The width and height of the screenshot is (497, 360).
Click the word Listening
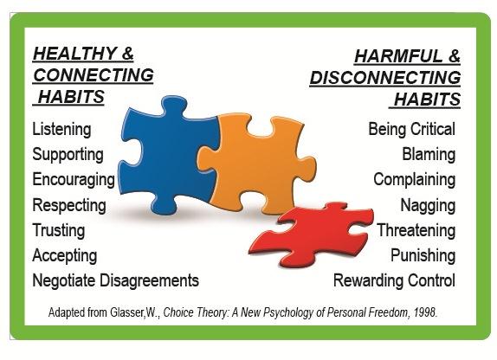[x=61, y=130]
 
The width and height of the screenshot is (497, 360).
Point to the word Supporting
[x=68, y=155]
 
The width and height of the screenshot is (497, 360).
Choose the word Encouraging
[x=74, y=180]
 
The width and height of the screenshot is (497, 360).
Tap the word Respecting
[x=69, y=205]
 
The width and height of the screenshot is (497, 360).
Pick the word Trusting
[x=59, y=230]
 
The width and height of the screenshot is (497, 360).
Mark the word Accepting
[x=65, y=256]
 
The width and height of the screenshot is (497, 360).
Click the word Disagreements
[x=149, y=280]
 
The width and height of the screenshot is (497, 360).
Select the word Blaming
[x=429, y=155]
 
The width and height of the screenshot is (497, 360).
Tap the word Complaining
[x=415, y=180]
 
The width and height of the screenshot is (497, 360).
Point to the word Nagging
[x=429, y=205]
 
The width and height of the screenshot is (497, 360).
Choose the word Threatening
[x=416, y=230]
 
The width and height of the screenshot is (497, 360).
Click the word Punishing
[x=423, y=255]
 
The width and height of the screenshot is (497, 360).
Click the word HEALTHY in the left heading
[x=74, y=54]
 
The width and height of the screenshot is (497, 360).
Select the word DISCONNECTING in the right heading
[x=385, y=78]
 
